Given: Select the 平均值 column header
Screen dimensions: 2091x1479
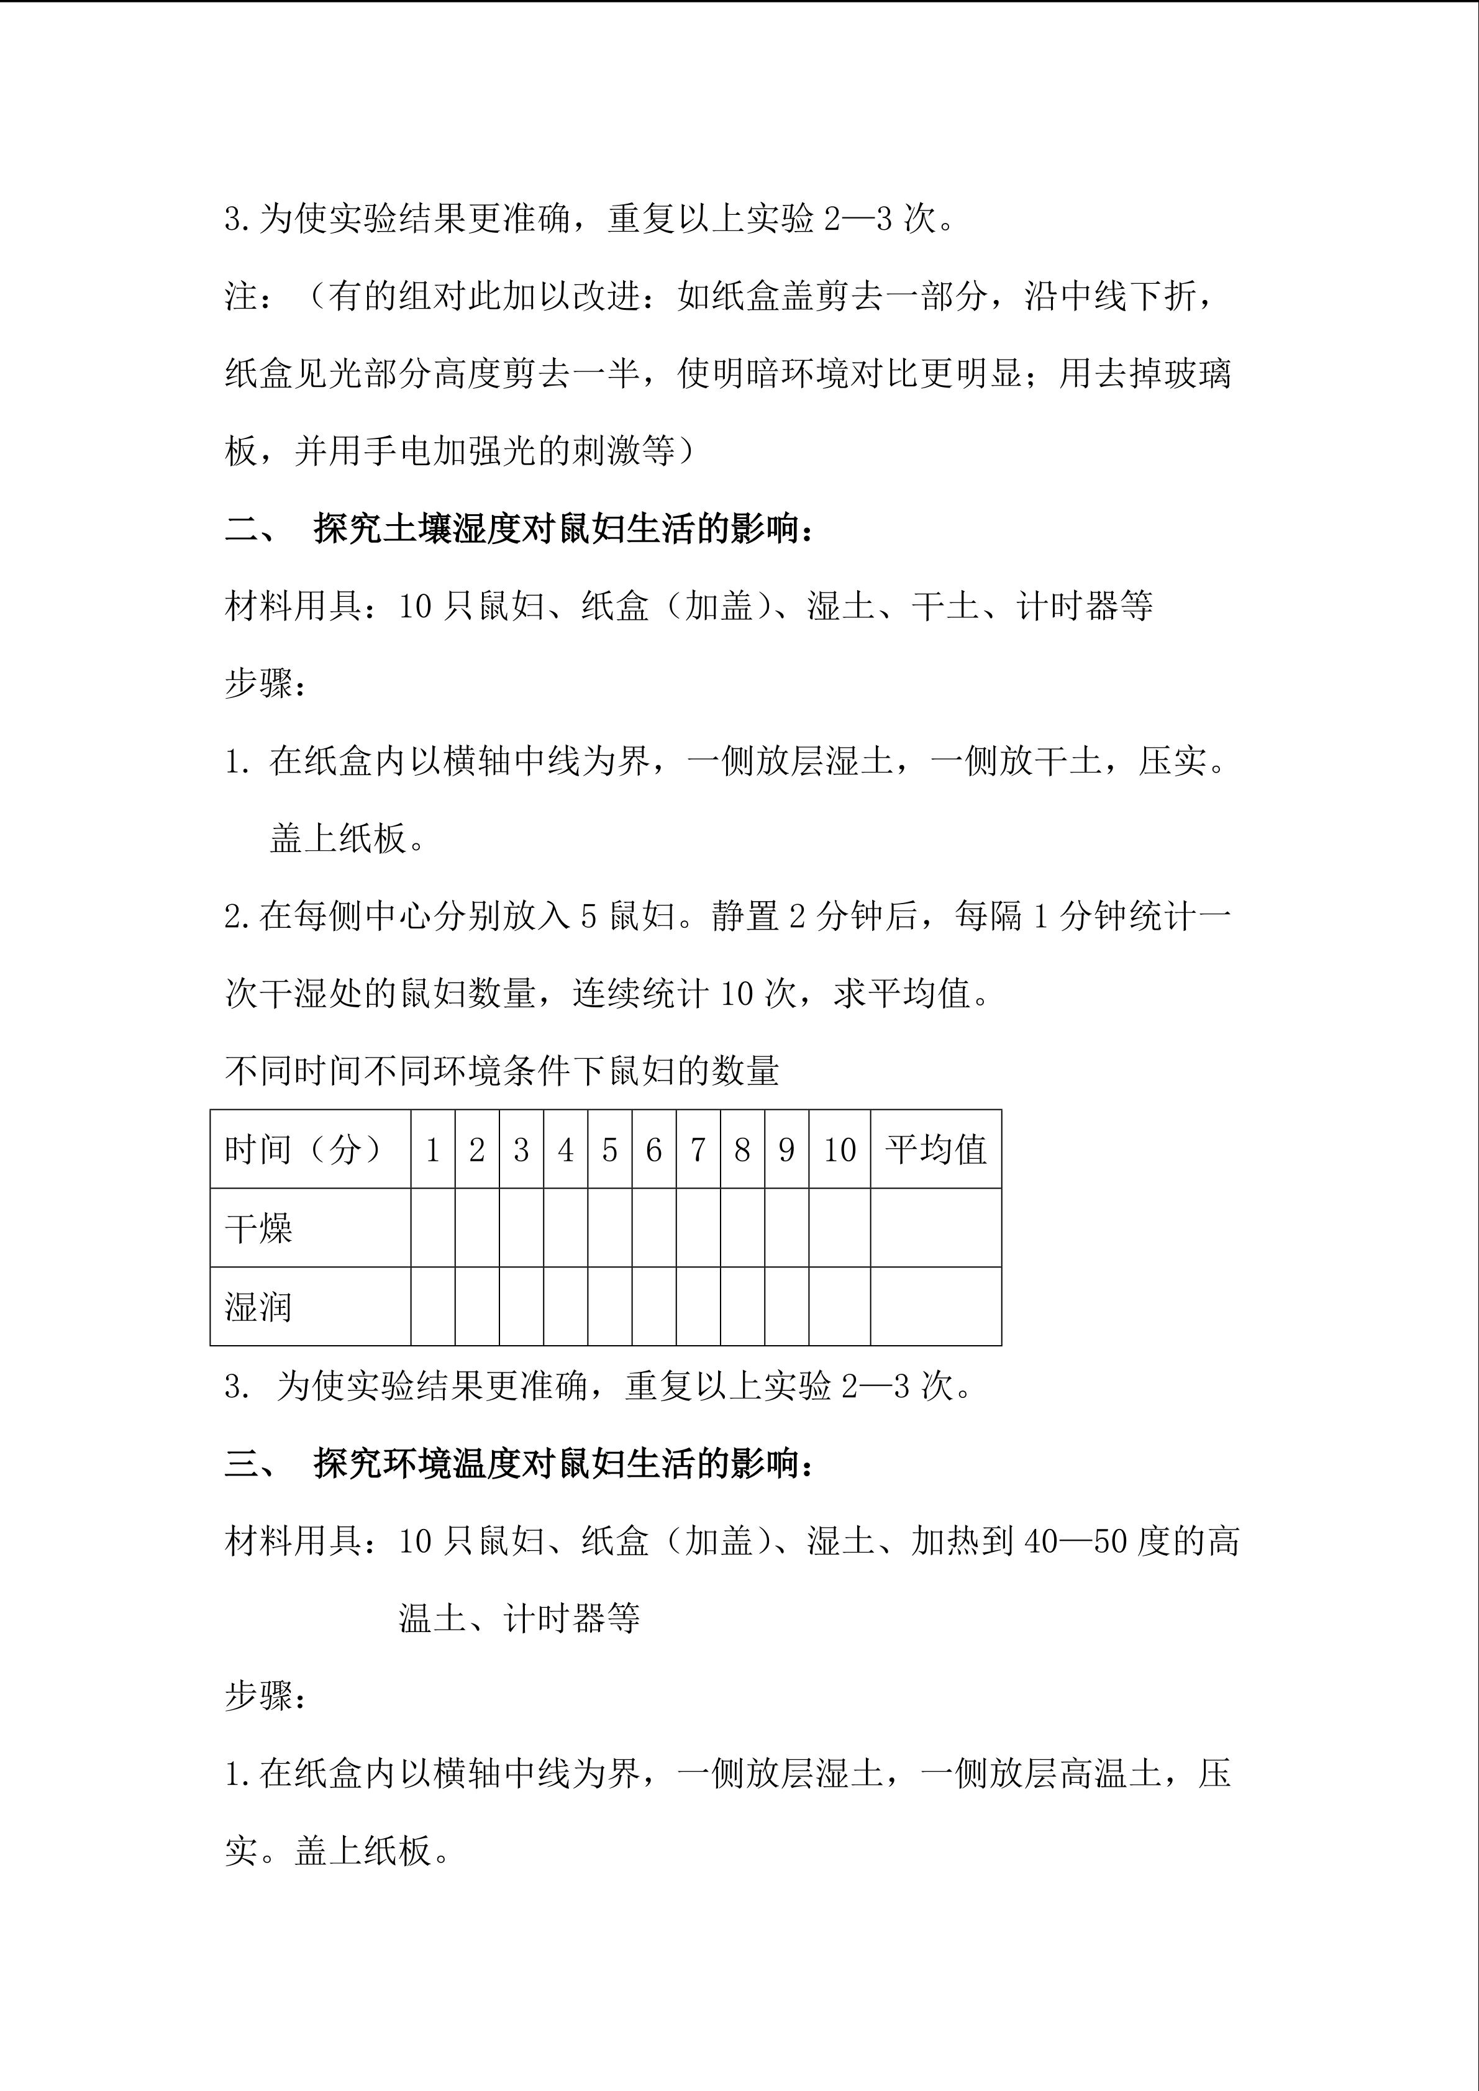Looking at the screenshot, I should (x=935, y=1150).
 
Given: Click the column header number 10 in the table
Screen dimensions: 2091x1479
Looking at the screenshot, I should (x=839, y=1150).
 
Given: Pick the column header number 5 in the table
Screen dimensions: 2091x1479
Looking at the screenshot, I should (x=609, y=1150).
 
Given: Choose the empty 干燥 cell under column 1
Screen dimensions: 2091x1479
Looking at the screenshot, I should (x=432, y=1228).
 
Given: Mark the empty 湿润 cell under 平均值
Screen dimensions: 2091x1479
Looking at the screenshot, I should (x=935, y=1306).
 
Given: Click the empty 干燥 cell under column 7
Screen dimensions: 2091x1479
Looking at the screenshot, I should (x=698, y=1228).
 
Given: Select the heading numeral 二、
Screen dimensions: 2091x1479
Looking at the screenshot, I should (x=252, y=528).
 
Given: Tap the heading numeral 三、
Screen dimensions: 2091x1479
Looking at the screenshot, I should (x=252, y=1464).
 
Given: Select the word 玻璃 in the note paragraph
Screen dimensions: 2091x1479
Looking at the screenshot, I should (x=1196, y=373).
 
